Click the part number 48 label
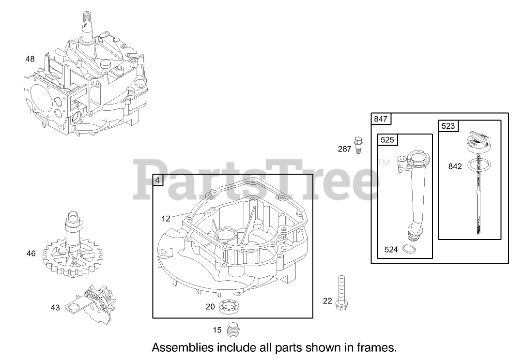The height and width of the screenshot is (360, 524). click(x=30, y=59)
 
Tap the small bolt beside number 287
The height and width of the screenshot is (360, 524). click(x=357, y=145)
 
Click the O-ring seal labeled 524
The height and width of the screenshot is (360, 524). click(x=410, y=250)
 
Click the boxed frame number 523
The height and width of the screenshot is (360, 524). click(x=448, y=126)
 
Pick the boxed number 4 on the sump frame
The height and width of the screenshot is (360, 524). click(x=158, y=180)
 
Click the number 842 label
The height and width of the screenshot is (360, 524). click(x=455, y=166)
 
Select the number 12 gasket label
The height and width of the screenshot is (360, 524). click(x=166, y=219)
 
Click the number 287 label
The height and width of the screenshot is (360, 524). click(x=345, y=149)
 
